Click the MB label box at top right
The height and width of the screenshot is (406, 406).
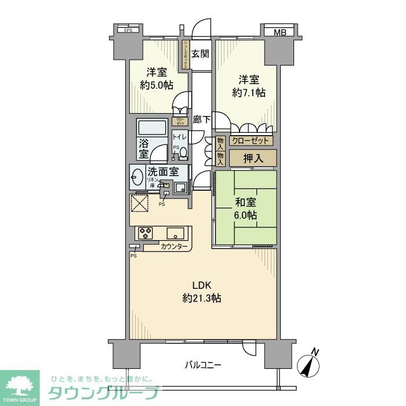coord(280,32)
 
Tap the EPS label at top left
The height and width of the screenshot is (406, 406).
coord(127,30)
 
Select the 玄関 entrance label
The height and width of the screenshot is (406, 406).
coord(200,54)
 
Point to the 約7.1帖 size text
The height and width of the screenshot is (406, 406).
coord(249,92)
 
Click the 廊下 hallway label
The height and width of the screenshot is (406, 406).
coord(201,120)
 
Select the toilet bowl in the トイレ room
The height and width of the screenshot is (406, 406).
coord(183,153)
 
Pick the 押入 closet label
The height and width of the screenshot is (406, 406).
coord(252,157)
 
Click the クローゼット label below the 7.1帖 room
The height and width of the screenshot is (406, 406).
coord(251,140)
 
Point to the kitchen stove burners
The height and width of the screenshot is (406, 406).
coord(145,233)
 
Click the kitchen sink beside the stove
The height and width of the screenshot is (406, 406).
coord(175,233)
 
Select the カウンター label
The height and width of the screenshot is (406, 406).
coord(174,247)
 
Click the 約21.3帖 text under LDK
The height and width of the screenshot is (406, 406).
coord(201,298)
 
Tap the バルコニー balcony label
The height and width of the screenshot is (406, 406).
coord(203,365)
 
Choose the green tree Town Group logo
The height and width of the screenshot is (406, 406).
coord(20,386)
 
